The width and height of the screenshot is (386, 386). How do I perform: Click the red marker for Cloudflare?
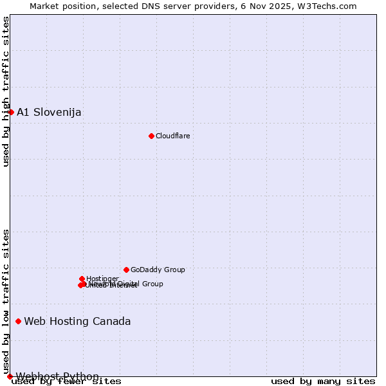(151, 136)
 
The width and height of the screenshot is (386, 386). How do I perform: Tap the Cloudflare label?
(173, 136)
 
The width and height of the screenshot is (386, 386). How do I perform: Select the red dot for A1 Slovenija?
(11, 112)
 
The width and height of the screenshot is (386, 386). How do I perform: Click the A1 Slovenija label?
(49, 113)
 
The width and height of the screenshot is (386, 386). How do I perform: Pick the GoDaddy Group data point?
(126, 270)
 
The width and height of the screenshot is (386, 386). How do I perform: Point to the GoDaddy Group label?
(158, 270)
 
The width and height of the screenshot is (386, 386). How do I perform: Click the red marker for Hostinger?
(82, 279)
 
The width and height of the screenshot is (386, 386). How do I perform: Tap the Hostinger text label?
(103, 279)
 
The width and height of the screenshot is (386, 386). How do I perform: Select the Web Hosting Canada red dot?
(18, 321)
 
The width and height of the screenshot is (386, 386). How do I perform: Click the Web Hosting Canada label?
(77, 322)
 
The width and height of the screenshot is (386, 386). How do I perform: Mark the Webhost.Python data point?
(10, 376)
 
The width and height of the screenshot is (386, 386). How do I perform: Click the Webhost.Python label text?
(58, 376)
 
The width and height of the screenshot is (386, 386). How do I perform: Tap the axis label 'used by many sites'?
(323, 381)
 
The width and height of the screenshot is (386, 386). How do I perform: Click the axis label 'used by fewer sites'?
(66, 381)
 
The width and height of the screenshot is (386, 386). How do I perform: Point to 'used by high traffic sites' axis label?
(6, 91)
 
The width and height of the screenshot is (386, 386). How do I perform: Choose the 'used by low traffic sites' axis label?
(6, 301)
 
